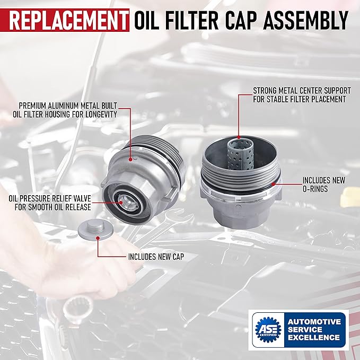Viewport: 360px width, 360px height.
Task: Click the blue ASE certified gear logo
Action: [268, 329]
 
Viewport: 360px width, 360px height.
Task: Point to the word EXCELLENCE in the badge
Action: [314, 337]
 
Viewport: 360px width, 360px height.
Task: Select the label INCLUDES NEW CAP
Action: [156, 256]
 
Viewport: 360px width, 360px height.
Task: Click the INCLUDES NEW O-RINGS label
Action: [323, 185]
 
